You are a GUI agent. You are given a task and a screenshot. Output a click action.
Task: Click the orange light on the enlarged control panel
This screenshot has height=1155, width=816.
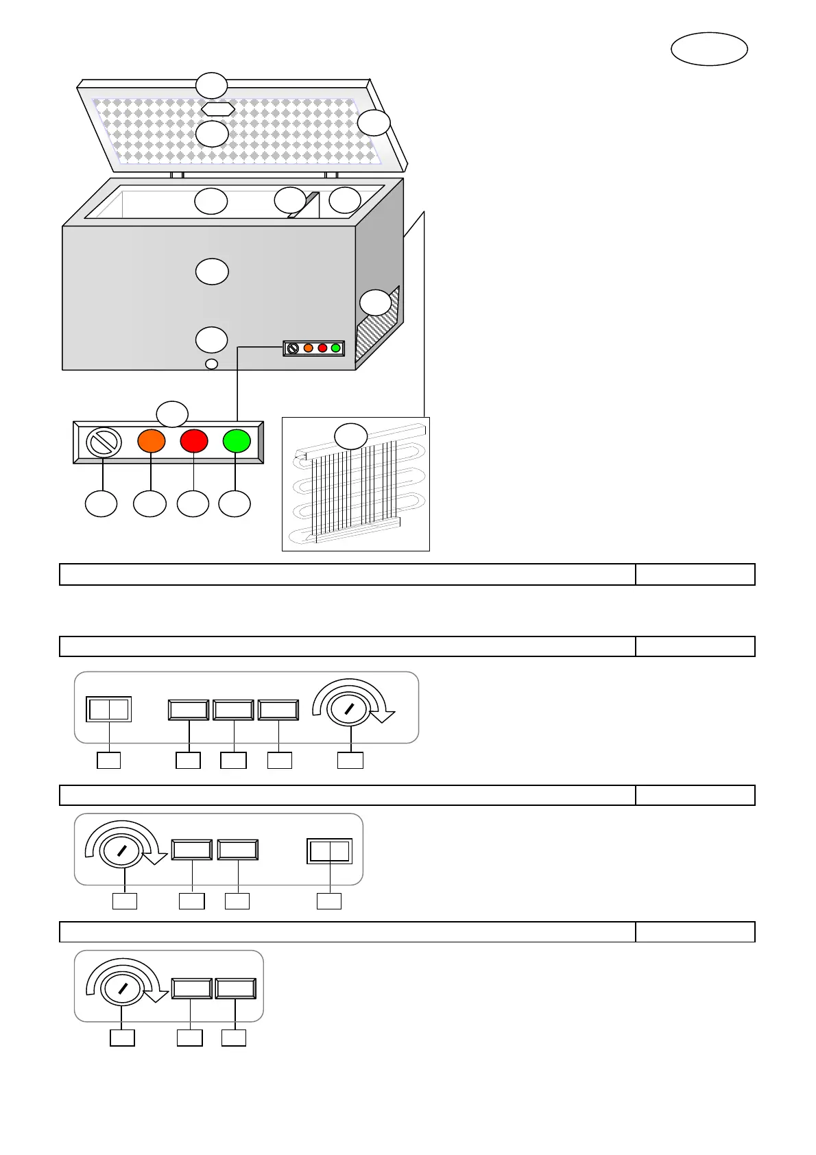pos(152,441)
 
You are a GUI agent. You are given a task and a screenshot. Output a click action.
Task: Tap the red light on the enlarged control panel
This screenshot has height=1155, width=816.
pos(194,441)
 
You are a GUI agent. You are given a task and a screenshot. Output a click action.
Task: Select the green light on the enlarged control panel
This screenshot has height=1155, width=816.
pos(237,441)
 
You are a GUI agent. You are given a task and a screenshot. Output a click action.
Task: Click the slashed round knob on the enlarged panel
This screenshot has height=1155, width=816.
pos(104,442)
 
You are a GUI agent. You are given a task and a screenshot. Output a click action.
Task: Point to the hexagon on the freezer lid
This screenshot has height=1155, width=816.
pos(218,109)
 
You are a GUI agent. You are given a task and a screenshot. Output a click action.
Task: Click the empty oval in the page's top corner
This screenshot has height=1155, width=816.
pos(709,49)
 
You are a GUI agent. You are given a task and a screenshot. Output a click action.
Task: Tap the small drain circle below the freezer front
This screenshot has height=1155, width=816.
pos(212,364)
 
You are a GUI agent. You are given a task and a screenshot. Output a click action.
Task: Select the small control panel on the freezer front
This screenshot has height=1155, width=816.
pos(314,348)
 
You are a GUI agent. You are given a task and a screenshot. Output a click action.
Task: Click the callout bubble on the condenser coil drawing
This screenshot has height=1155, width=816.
pos(350,436)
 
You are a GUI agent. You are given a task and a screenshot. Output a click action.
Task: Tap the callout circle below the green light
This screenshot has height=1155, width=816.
pos(235,503)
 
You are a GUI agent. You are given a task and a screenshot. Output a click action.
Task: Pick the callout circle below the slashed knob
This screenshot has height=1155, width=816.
pos(101,503)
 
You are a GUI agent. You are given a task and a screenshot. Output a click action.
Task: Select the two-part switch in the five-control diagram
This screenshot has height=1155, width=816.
pos(109,709)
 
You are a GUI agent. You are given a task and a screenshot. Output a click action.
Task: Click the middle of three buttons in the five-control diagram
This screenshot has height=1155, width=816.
pos(233,709)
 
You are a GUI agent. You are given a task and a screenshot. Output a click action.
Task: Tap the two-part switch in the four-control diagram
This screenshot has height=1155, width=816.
pos(330,851)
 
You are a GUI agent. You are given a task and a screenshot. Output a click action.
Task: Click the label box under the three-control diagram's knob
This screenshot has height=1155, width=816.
pos(122,1038)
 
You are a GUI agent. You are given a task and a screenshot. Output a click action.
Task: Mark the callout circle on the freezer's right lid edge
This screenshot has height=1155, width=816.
pos(374,123)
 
